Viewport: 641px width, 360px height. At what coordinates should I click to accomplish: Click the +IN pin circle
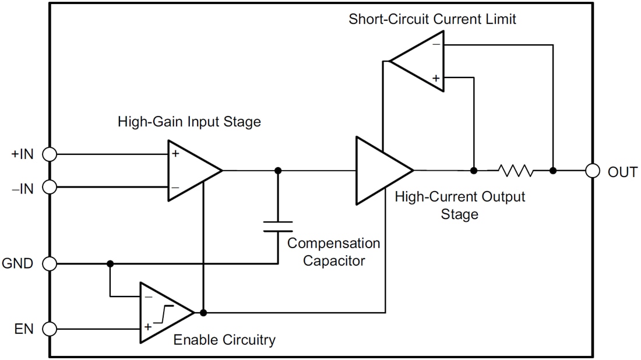[x=50, y=154]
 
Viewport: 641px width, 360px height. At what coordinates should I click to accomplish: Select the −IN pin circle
[x=50, y=187]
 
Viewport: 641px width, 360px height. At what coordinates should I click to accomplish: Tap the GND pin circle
[x=50, y=264]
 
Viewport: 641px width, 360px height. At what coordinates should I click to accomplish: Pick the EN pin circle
[x=50, y=329]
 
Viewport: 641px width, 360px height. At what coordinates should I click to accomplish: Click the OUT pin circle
[x=593, y=171]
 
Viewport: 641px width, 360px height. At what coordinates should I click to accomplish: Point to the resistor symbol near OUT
[x=515, y=171]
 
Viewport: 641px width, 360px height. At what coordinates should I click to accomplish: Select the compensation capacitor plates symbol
[x=278, y=226]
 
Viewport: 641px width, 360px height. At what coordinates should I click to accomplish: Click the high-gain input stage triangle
[x=189, y=171]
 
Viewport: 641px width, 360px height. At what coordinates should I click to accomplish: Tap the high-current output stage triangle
[x=379, y=171]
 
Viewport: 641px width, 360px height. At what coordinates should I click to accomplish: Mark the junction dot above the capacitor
[x=278, y=171]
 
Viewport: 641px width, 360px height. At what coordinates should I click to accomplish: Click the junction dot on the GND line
[x=110, y=264]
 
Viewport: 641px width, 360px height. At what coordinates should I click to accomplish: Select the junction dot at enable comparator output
[x=203, y=313]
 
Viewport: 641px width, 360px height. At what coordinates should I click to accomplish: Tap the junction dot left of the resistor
[x=474, y=171]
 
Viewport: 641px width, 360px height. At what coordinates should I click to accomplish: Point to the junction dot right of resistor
[x=553, y=171]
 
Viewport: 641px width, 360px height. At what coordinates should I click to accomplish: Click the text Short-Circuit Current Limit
[x=432, y=19]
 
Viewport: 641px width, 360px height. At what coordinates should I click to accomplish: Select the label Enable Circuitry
[x=224, y=340]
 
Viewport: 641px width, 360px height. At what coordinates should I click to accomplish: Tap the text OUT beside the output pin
[x=622, y=172]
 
